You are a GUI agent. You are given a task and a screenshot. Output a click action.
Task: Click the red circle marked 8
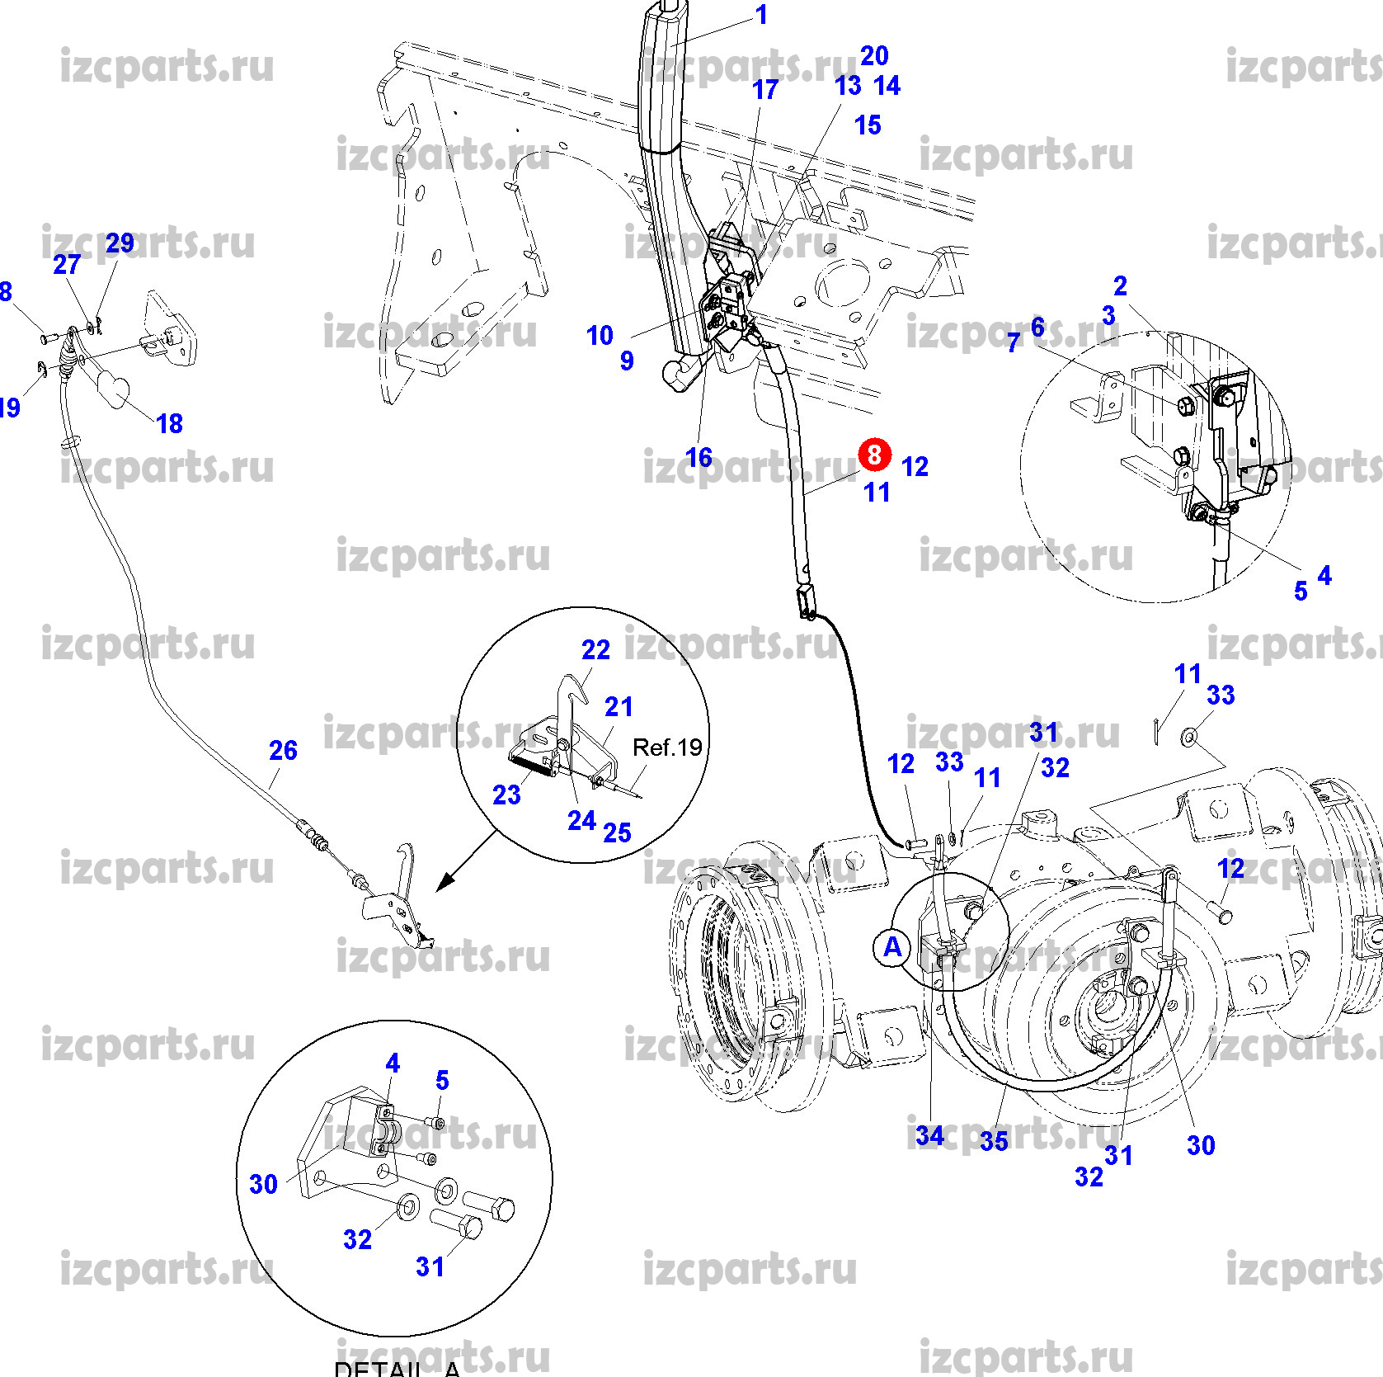click(x=874, y=455)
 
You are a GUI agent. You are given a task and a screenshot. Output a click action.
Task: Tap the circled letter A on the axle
click(x=892, y=946)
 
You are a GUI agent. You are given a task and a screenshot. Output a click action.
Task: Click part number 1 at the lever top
click(x=762, y=15)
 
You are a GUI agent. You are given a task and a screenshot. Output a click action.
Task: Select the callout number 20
click(x=874, y=56)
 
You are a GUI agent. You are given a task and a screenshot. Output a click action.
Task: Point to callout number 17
click(x=765, y=90)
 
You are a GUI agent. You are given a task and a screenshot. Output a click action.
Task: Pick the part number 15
click(x=868, y=125)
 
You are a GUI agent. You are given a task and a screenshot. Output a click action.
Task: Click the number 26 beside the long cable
click(x=283, y=750)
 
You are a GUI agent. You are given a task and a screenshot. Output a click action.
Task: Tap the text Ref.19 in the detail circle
click(x=667, y=747)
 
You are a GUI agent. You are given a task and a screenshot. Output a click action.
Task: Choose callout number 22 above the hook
click(x=595, y=650)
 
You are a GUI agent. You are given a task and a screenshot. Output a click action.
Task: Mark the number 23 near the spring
click(x=506, y=795)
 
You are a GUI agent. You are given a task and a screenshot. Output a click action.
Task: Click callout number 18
click(x=169, y=424)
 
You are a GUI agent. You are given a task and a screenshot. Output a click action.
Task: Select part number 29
click(x=120, y=243)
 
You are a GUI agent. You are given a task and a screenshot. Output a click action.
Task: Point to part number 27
click(x=67, y=265)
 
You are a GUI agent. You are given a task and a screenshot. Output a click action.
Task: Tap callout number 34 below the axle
click(x=929, y=1135)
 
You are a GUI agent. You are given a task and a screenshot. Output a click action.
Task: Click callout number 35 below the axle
click(x=994, y=1142)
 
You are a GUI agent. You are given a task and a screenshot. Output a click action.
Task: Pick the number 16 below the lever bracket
click(x=699, y=457)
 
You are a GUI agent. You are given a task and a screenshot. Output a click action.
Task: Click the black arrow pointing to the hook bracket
click(x=447, y=881)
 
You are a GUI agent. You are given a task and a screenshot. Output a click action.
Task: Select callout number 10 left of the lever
click(x=600, y=336)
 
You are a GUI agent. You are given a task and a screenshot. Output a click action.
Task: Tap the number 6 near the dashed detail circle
click(x=1037, y=328)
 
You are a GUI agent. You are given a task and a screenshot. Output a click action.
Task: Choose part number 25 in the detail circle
click(x=617, y=832)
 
